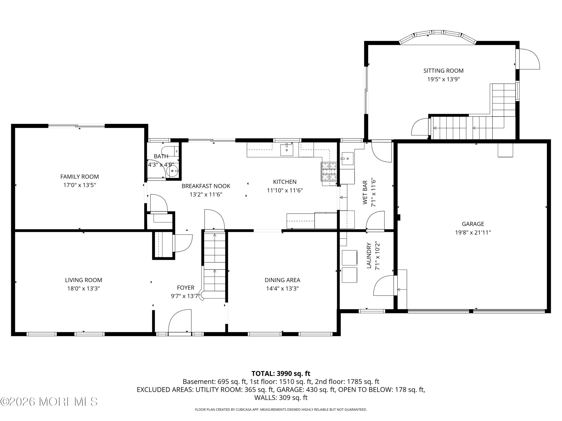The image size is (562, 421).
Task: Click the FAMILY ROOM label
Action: tap(79, 177)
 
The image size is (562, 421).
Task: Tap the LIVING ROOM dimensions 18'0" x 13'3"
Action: tap(83, 289)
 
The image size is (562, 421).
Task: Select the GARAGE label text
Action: tap(473, 224)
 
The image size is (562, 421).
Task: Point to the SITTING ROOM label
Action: tap(443, 71)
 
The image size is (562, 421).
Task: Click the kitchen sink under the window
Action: tap(286, 150)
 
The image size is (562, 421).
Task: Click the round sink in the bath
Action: tap(172, 171)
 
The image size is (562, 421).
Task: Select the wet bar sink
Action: tap(347, 159)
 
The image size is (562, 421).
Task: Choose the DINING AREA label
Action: tap(282, 280)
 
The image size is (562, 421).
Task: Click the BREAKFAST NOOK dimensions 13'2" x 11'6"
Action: tap(206, 195)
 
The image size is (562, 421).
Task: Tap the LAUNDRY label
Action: tap(369, 255)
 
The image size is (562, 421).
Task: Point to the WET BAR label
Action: tap(365, 192)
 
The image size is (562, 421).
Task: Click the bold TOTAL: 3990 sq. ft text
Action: tap(281, 374)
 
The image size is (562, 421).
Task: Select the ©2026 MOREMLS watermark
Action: tap(49, 402)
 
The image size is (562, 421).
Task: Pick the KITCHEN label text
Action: tap(285, 182)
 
